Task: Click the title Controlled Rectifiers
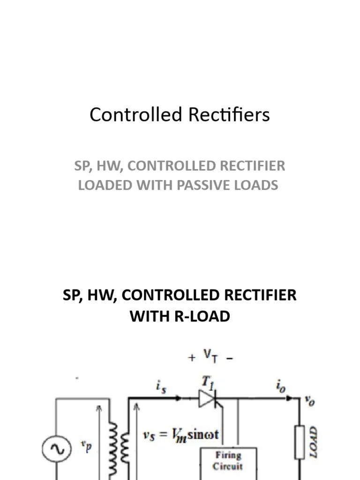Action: [x=180, y=115]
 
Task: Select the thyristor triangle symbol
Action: [x=207, y=399]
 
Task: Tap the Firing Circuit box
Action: [x=228, y=460]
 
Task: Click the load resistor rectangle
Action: [x=300, y=442]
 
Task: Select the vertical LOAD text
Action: [x=314, y=442]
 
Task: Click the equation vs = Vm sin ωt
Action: [x=181, y=435]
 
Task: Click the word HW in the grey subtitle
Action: [x=105, y=166]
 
